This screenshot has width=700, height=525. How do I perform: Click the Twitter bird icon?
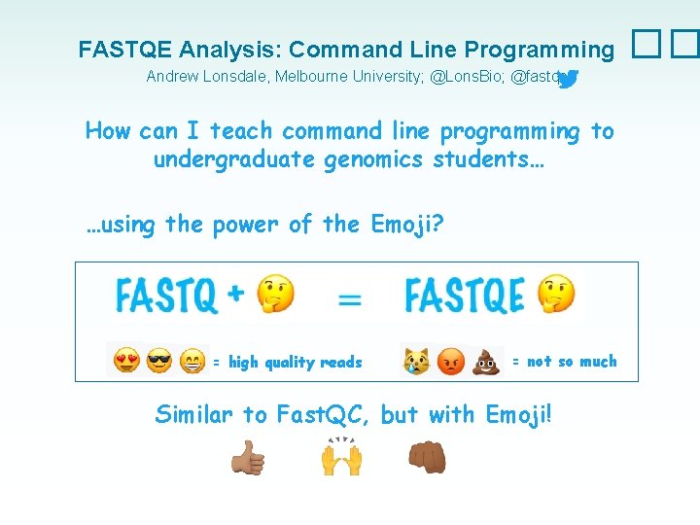tap(569, 79)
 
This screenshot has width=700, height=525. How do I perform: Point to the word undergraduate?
tap(230, 158)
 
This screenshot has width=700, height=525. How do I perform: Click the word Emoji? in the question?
tap(408, 225)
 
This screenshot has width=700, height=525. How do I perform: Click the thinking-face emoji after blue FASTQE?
tap(556, 294)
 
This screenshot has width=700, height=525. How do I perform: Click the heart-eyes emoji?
tap(125, 362)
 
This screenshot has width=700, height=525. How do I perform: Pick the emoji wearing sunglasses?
tap(159, 362)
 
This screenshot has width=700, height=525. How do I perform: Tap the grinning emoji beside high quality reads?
tap(192, 362)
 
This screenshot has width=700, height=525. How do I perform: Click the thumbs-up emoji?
tap(247, 458)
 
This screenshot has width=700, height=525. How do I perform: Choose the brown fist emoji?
tap(427, 457)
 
